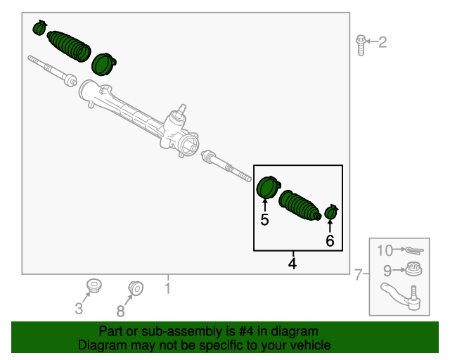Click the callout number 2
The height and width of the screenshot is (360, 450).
click(x=382, y=43)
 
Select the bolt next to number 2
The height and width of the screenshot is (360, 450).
click(x=361, y=44)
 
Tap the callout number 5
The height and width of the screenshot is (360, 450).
click(x=264, y=219)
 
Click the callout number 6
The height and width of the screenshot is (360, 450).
click(x=329, y=240)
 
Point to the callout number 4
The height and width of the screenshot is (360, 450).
click(x=292, y=264)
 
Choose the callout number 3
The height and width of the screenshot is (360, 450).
click(x=79, y=308)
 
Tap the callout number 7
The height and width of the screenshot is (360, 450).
click(x=359, y=274)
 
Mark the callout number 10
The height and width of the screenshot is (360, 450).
click(x=384, y=250)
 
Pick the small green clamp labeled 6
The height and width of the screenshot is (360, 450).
click(x=330, y=212)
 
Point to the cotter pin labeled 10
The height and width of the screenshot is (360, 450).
click(x=412, y=250)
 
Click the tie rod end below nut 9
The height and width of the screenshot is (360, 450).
click(x=401, y=295)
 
